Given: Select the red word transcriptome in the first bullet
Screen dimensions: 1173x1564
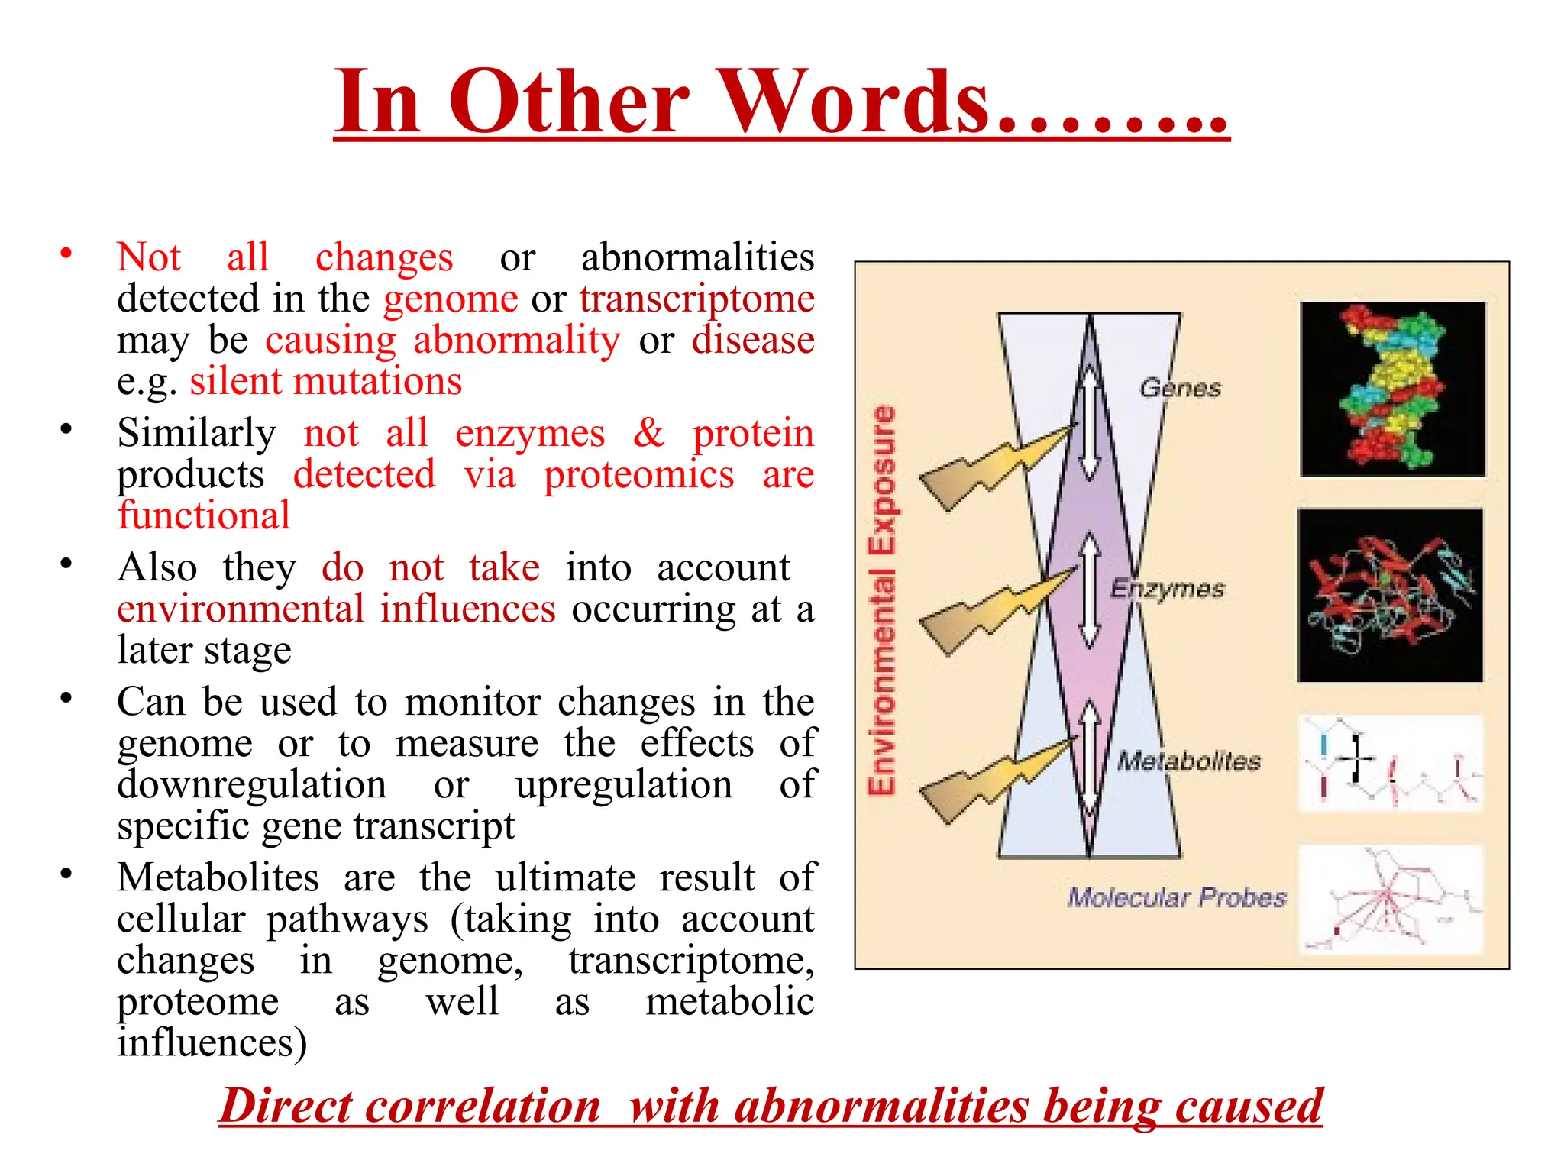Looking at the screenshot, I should coord(696,299).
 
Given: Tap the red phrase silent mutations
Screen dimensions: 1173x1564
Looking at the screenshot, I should coord(326,381).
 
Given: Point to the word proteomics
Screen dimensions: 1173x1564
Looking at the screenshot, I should coord(638,475).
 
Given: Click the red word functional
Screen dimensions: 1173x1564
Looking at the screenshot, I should coord(204,515).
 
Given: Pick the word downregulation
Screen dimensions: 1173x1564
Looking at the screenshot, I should coord(251,784).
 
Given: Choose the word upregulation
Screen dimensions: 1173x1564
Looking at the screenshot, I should coord(623,784).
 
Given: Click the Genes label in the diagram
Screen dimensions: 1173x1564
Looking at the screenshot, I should coord(1180,388).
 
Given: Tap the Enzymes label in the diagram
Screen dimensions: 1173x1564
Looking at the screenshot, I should coord(1167,589).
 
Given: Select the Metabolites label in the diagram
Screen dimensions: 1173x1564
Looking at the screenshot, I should coord(1189,761).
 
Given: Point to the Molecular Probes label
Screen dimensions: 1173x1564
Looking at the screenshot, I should coord(1177,897).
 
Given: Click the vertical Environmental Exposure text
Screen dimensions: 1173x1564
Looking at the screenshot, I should coord(883,600).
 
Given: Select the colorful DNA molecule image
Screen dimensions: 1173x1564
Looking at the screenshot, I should coord(1393,389).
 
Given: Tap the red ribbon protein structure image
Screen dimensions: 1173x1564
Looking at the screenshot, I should coord(1391,595).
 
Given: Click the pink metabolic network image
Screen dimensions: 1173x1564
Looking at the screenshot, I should coord(1391,900).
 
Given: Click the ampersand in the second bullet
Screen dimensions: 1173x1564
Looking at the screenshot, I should coord(648,433).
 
